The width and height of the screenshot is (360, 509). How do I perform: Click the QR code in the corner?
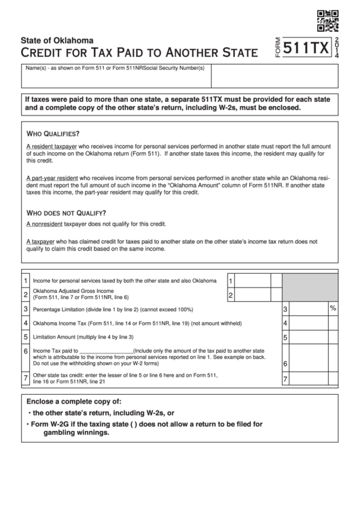pos(327,20)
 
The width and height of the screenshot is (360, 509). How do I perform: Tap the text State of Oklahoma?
pos(58,40)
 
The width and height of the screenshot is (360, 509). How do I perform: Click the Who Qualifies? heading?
pos(52,133)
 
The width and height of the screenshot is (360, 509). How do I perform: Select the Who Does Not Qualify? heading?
pos(66,212)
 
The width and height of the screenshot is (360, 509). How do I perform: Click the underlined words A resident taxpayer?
pos(52,147)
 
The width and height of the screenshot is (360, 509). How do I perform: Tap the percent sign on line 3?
pos(333,308)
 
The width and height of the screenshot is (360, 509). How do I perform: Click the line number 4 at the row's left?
pos(26,323)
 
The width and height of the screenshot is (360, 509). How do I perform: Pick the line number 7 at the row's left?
pos(26,378)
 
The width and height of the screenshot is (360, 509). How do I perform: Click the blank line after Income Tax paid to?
pos(106,351)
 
